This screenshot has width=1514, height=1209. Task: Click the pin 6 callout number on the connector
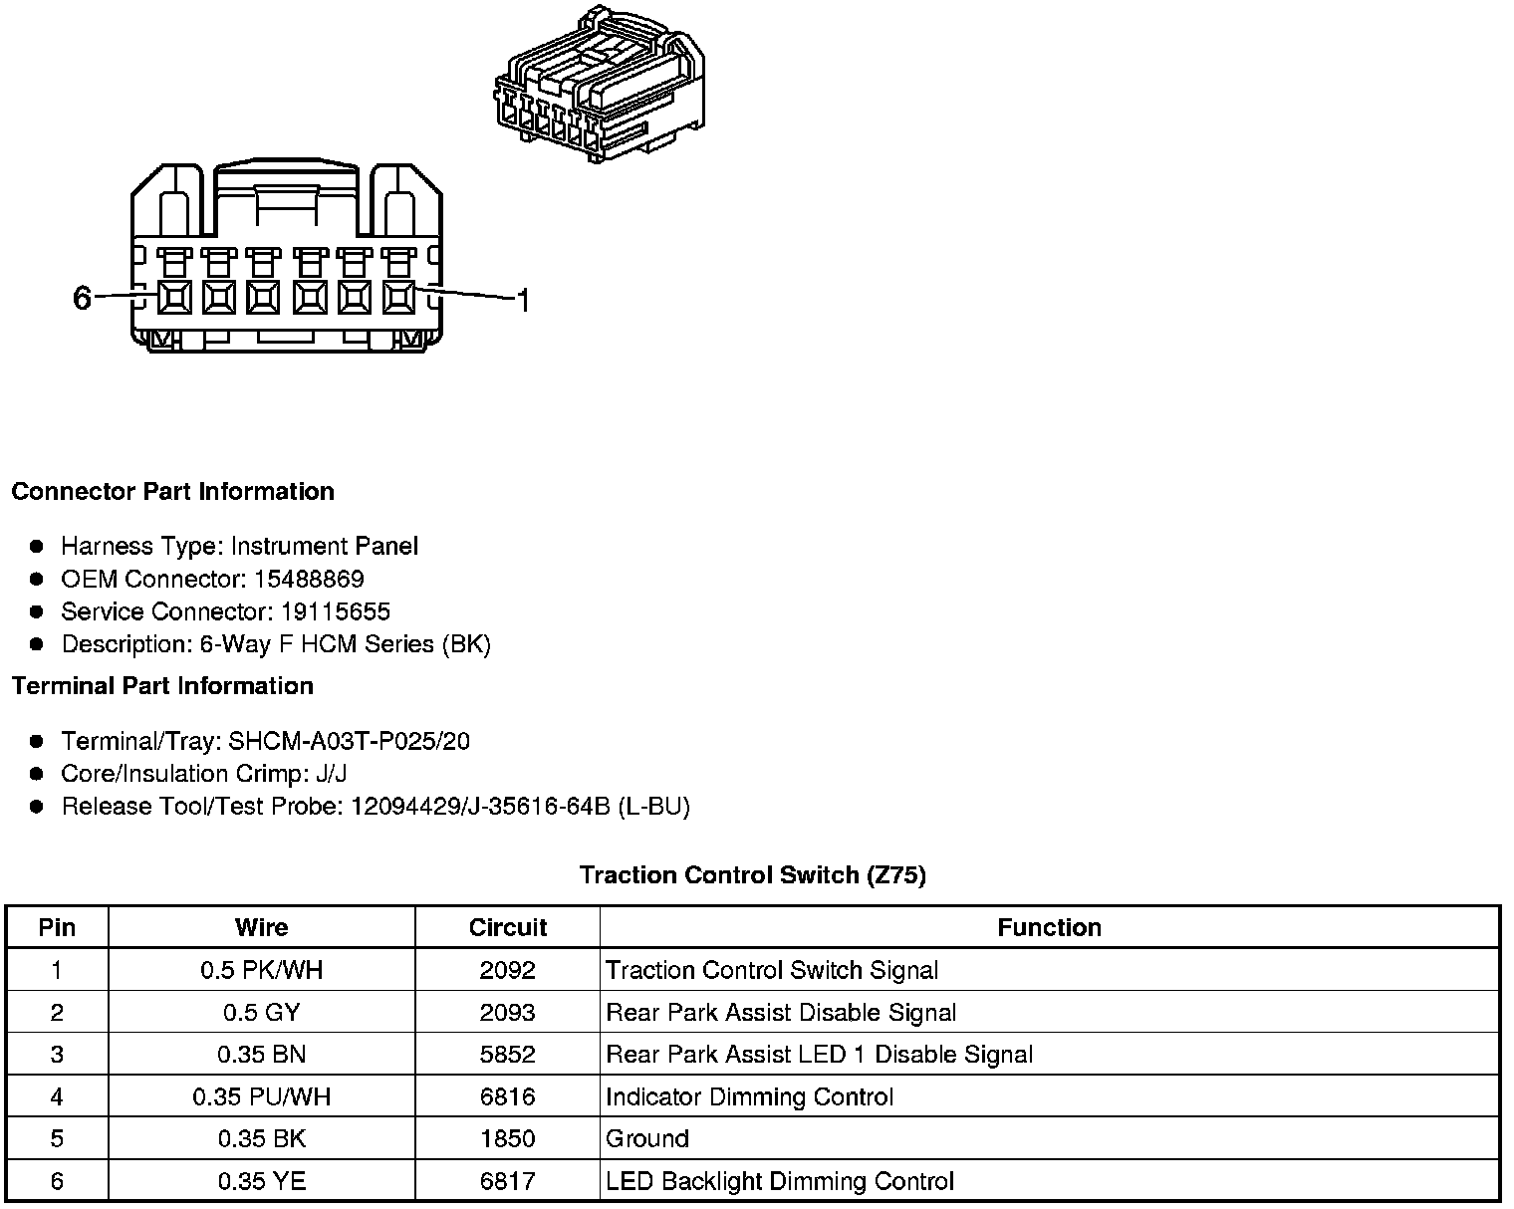82,298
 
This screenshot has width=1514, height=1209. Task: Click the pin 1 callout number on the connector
522,299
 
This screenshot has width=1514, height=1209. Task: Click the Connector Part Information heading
172,492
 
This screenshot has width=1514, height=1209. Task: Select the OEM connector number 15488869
308,579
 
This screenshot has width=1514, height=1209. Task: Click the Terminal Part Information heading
162,686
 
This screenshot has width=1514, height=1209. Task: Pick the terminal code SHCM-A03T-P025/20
349,741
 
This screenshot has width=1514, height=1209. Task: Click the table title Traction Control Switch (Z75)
752,875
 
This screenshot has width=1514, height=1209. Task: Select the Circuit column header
507,928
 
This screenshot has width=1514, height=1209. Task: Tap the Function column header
1049,928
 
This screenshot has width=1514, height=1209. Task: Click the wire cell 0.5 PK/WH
261,970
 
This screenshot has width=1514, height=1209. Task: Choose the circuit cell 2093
507,1013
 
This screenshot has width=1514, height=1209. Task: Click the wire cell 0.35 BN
261,1055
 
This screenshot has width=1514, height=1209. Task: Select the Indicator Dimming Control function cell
749,1097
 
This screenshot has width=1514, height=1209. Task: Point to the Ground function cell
647,1139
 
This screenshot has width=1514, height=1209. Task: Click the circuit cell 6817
507,1182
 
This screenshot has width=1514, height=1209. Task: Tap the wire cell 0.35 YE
261,1182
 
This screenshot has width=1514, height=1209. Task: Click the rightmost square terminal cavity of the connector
398,297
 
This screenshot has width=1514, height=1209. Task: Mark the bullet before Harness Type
37,547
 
